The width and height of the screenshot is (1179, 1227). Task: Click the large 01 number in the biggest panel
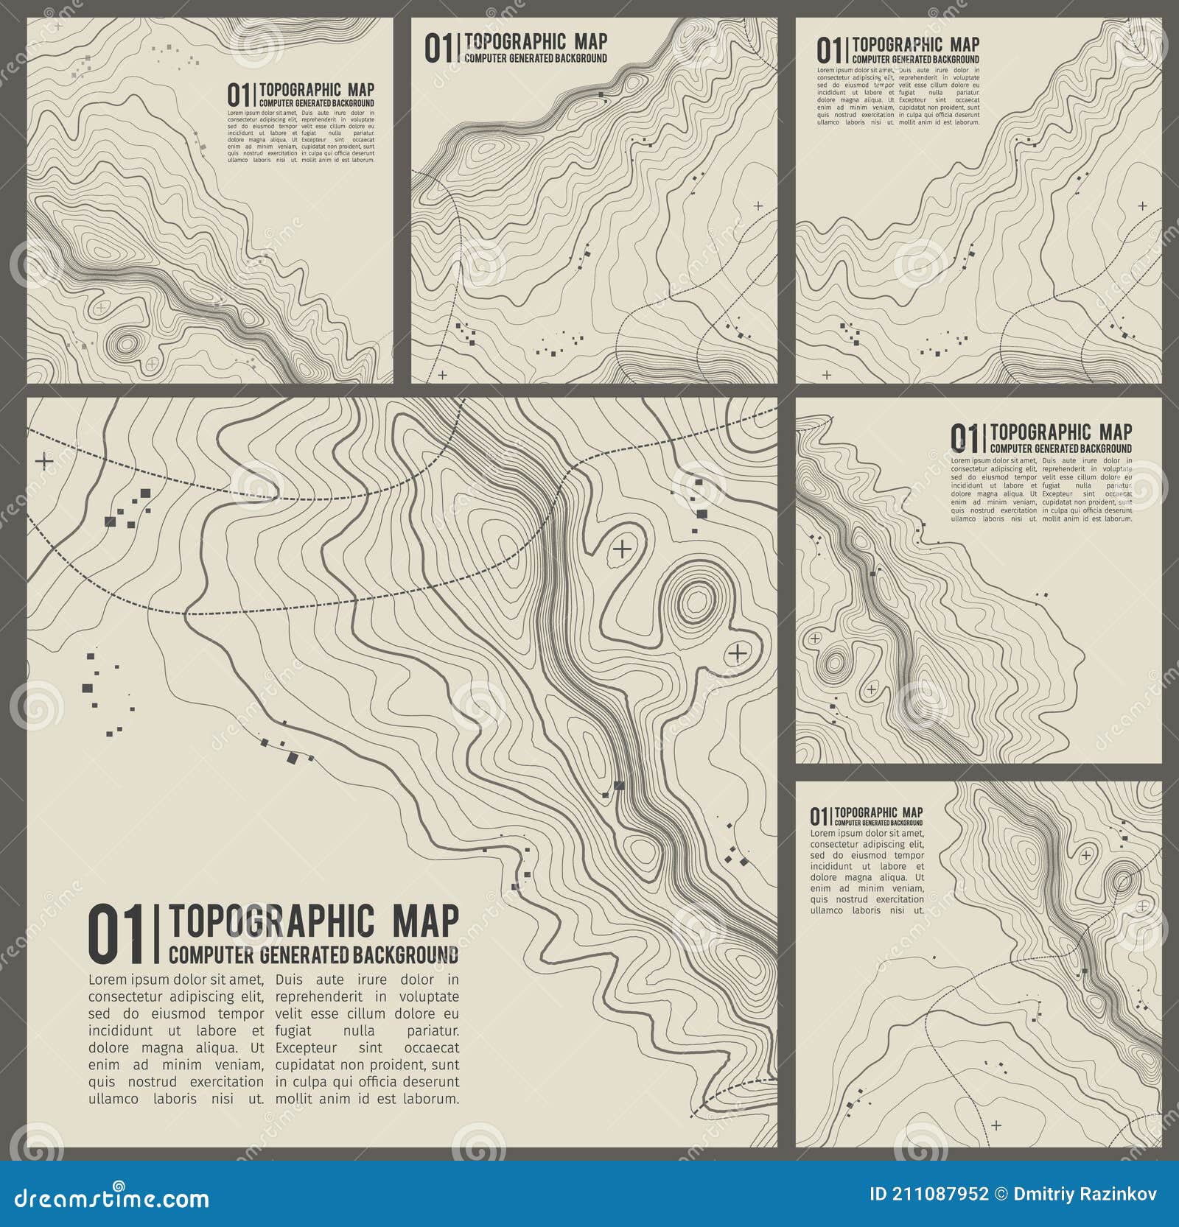point(115,935)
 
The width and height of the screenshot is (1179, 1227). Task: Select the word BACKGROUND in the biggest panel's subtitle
point(405,955)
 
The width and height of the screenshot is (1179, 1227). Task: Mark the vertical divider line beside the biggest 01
point(156,935)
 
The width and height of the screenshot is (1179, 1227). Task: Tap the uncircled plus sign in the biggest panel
point(44,462)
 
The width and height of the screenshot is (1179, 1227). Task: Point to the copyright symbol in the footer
point(1001,1194)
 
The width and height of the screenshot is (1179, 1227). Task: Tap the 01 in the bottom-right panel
point(819,817)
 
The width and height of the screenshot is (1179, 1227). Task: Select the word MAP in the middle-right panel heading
point(1115,432)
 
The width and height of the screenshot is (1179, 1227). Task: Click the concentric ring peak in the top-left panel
point(127,343)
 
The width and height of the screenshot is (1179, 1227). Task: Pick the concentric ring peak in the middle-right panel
point(833,663)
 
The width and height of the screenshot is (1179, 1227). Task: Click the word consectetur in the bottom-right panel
point(839,844)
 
